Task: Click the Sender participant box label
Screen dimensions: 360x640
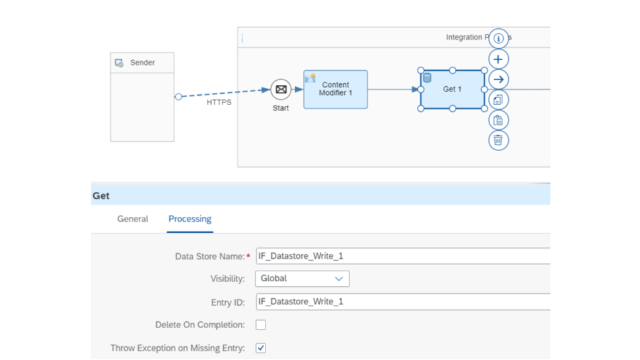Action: [x=142, y=62]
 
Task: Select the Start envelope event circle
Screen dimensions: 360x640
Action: [x=281, y=90]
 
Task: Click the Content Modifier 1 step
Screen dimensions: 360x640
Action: [x=336, y=89]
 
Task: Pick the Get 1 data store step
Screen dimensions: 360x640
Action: [x=452, y=89]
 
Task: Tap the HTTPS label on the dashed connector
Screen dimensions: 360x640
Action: [x=219, y=102]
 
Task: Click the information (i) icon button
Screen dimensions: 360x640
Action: [x=498, y=39]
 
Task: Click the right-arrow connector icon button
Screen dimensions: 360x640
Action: [x=498, y=79]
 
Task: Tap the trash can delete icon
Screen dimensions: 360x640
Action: [x=498, y=140]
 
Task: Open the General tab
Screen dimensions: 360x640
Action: [x=132, y=219]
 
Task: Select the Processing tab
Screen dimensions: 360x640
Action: [x=190, y=219]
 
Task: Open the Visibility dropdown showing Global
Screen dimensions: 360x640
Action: [x=302, y=279]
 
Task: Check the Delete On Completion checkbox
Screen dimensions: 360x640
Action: [x=261, y=325]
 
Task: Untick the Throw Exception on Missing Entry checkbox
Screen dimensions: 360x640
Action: [x=261, y=348]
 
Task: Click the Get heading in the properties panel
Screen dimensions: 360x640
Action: [x=101, y=196]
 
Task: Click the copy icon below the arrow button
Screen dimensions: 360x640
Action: [x=498, y=100]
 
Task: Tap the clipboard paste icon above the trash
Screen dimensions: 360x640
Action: [x=498, y=120]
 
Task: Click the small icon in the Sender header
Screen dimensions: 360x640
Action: [x=119, y=63]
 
